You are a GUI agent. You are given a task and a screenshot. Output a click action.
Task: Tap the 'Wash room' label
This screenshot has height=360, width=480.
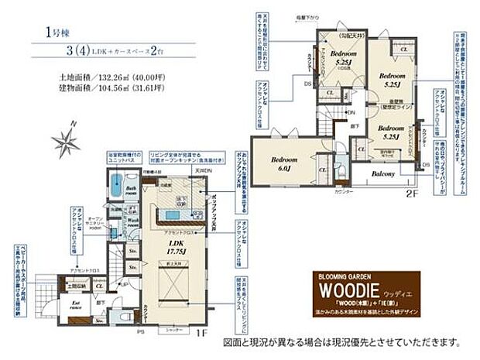click(132, 219)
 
